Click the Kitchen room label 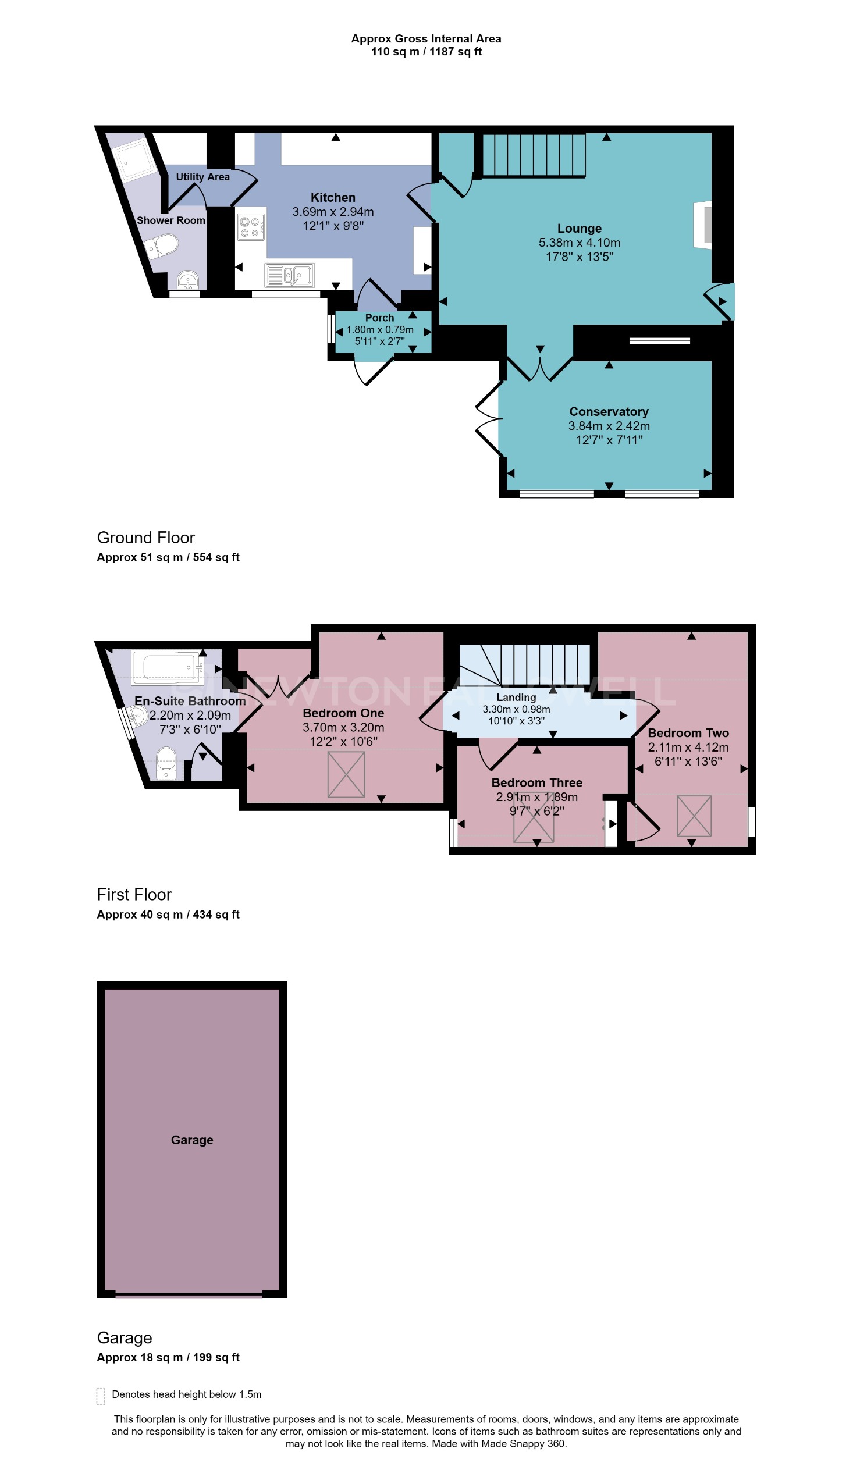(x=332, y=198)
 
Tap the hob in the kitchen (x=250, y=227)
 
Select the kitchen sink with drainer (x=289, y=275)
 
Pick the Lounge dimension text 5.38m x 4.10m (x=579, y=243)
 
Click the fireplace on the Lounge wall (x=704, y=225)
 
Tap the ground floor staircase (x=534, y=155)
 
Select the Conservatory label (x=608, y=412)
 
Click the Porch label (x=379, y=318)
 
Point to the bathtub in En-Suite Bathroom (x=168, y=667)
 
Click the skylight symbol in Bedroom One (x=346, y=774)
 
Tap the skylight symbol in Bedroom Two (x=694, y=816)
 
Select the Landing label (x=516, y=697)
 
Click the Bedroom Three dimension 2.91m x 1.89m (x=536, y=797)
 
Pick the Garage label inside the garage (x=192, y=1140)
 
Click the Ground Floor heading (x=145, y=538)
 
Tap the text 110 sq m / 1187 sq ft (x=426, y=52)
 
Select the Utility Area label (x=202, y=177)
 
